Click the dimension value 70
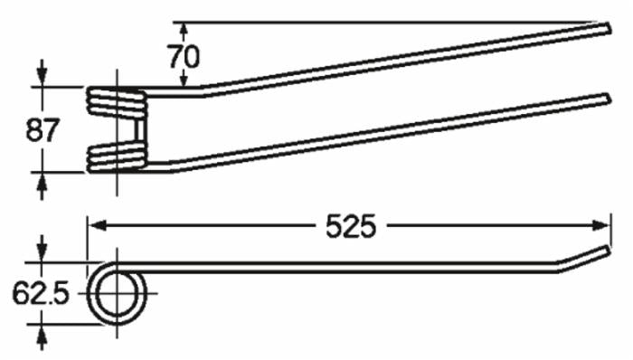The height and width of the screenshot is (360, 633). coord(184,56)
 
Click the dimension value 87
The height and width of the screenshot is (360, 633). coord(43,130)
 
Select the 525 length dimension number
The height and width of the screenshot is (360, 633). coord(351,226)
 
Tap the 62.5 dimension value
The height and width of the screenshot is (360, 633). coord(42,293)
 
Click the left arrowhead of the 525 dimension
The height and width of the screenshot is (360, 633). coord(97,225)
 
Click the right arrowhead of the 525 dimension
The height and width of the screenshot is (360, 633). coord(601,225)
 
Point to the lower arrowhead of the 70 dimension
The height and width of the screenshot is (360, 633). coord(184,79)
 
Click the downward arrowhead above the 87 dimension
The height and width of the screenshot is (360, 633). coord(42,73)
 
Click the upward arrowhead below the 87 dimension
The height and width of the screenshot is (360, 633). coord(42,186)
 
